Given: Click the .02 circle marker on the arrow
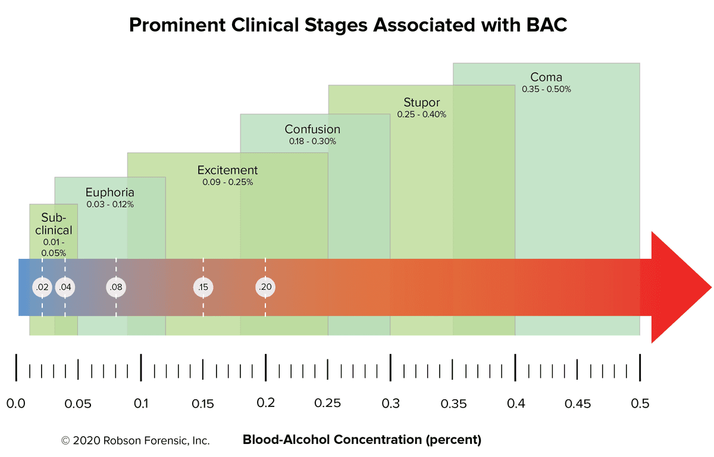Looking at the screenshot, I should coord(42,287).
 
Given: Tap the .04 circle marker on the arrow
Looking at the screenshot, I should coord(65,287).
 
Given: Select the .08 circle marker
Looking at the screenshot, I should coord(116,287).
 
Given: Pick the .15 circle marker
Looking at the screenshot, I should coord(203,287).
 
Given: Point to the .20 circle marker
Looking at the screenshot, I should coord(265,287).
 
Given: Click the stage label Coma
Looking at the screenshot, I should coord(546,77).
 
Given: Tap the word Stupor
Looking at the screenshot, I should coord(421,102).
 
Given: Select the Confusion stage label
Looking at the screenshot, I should coord(312,129).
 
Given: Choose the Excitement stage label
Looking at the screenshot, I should coord(228,170).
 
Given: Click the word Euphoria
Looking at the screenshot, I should coord(109,192).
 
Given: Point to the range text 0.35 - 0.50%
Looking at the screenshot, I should coord(546,89).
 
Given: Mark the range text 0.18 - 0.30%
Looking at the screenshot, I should coord(312,142).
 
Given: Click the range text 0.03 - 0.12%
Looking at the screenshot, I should coord(109,204).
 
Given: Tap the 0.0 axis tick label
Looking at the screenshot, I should coord(15,403).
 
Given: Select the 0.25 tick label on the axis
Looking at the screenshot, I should coord(327,403).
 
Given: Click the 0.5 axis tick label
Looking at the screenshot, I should coord(640,403).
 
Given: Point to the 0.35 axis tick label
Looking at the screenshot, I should coord(452,403).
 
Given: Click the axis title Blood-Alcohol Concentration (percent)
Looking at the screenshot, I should coord(362,440).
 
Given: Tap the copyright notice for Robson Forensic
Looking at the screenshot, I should coord(135,441).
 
